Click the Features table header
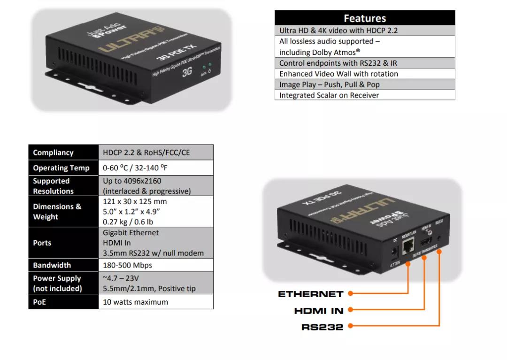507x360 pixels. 365,18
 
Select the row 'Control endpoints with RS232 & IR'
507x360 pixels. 338,63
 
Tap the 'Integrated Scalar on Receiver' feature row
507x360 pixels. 329,95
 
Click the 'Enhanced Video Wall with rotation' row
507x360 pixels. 338,74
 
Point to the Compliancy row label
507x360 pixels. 53,153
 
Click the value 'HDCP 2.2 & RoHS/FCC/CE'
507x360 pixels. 146,153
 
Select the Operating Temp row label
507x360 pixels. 61,168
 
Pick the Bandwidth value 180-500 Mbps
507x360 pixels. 128,265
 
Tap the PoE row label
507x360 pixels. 39,302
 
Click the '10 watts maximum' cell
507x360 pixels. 135,302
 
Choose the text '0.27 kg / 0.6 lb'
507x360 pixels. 128,222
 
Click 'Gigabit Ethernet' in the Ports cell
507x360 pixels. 131,233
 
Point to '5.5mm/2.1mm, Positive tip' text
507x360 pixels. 149,289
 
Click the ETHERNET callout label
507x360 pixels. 311,294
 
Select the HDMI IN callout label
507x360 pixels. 319,311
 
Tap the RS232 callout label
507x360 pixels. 323,327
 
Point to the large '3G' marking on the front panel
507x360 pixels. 187,71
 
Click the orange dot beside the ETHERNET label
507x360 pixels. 350,294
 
